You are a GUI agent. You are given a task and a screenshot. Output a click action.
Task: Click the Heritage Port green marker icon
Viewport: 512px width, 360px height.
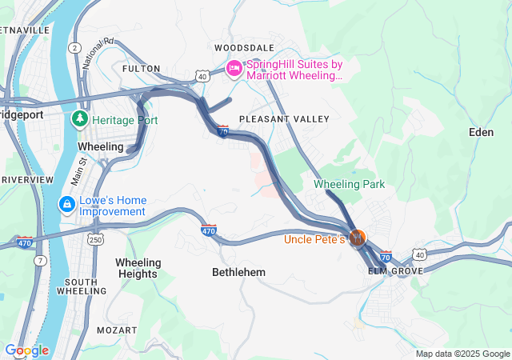(x=80, y=120)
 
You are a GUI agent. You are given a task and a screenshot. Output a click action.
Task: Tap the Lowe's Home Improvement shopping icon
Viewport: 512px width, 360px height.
(x=68, y=206)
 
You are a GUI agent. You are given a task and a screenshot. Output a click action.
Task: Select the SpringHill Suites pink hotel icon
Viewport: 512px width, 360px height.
(x=234, y=70)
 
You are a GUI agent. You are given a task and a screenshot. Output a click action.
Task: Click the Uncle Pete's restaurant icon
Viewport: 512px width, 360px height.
(x=358, y=238)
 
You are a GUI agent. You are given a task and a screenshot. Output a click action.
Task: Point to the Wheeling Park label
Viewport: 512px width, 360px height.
(x=349, y=184)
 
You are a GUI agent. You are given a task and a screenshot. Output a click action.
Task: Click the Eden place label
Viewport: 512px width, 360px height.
(x=481, y=132)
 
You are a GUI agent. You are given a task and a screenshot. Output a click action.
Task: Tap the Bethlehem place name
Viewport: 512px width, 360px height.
(x=238, y=273)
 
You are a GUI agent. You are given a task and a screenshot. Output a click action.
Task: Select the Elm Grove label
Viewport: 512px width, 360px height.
(x=394, y=272)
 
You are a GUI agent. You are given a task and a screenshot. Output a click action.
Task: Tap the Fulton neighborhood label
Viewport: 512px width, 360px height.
(x=141, y=69)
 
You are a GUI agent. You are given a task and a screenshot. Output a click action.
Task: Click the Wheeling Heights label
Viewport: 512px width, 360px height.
(x=138, y=268)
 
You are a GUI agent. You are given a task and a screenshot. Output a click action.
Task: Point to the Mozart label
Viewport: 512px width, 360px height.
(x=112, y=330)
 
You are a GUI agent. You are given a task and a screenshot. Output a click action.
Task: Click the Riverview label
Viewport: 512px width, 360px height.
(x=26, y=179)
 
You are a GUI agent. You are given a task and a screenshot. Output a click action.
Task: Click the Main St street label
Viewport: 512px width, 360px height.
(x=78, y=172)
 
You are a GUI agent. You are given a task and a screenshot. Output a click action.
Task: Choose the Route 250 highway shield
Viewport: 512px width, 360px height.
(x=95, y=240)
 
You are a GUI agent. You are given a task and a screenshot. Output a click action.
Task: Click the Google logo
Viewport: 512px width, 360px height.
(x=26, y=350)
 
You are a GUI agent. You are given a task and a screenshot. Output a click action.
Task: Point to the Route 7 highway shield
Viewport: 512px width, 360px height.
(x=39, y=262)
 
